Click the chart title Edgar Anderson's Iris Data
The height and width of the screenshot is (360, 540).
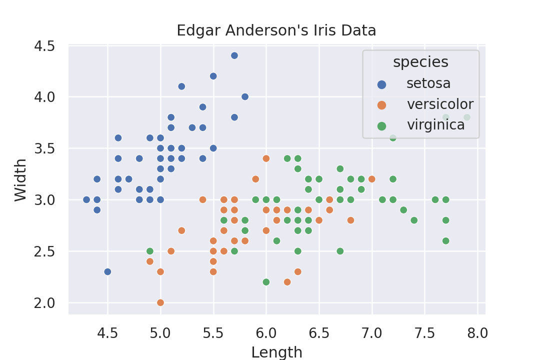pyautogui.click(x=276, y=31)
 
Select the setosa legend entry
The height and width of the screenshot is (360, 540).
pyautogui.click(x=428, y=83)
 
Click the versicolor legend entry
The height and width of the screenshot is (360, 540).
pyautogui.click(x=440, y=104)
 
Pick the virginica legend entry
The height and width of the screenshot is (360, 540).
pyautogui.click(x=435, y=125)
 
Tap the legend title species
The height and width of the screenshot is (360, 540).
pyautogui.click(x=420, y=62)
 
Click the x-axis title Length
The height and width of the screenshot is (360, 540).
pyautogui.click(x=276, y=352)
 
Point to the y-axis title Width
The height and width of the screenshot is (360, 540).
pyautogui.click(x=20, y=180)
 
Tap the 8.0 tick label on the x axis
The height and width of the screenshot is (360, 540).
pyautogui.click(x=477, y=332)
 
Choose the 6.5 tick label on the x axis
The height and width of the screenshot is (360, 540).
pyautogui.click(x=319, y=332)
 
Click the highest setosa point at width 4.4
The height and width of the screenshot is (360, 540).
pyautogui.click(x=234, y=55)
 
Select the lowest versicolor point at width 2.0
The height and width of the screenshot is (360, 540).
pyautogui.click(x=160, y=302)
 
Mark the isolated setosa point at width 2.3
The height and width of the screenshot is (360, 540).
pyautogui.click(x=107, y=271)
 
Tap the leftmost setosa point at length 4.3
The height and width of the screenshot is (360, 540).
pyautogui.click(x=86, y=199)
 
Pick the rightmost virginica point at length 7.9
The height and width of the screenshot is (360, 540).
pyautogui.click(x=467, y=117)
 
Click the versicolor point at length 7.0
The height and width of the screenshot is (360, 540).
pyautogui.click(x=372, y=179)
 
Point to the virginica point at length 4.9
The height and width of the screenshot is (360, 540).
pyautogui.click(x=150, y=251)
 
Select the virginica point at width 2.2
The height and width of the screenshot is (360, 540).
pyautogui.click(x=266, y=282)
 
